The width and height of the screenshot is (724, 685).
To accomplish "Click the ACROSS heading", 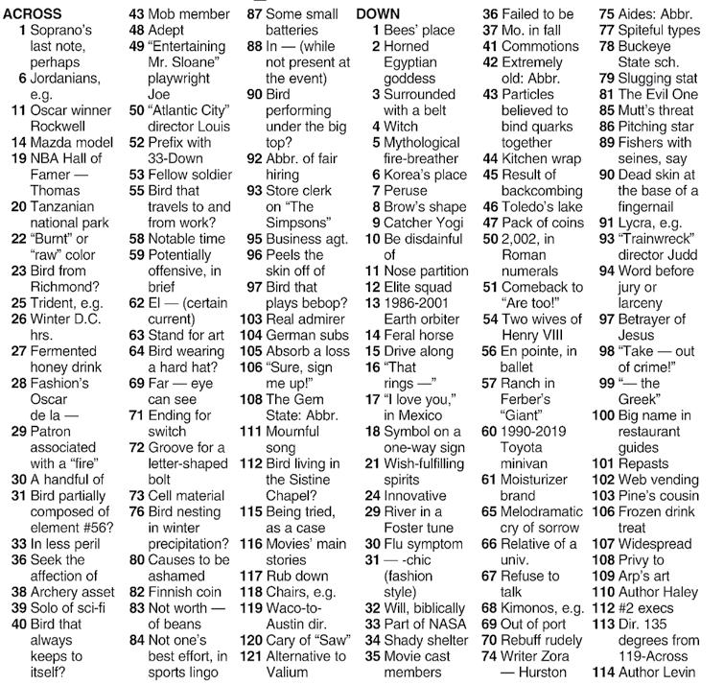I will click(x=33, y=14).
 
